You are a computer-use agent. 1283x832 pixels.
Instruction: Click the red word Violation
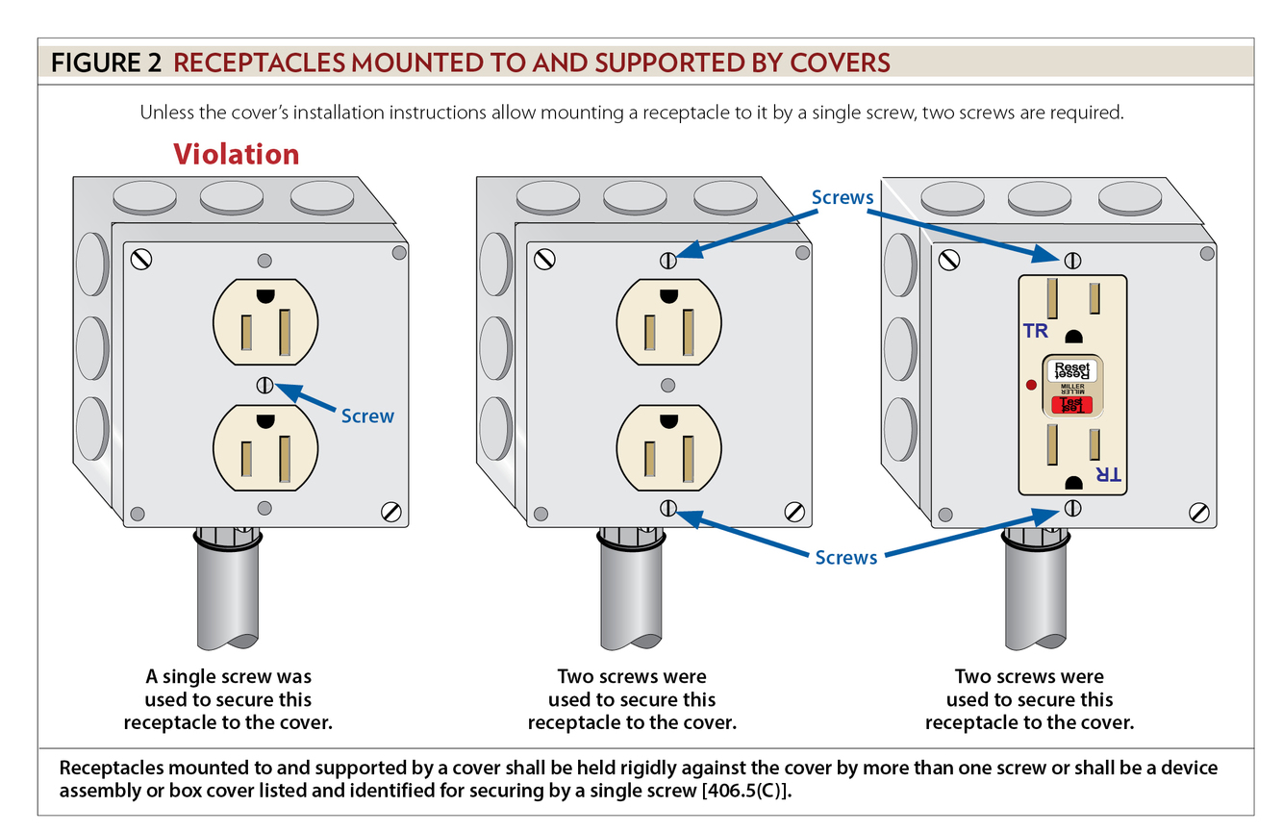tap(236, 155)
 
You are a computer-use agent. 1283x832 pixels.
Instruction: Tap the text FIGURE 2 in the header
tap(106, 63)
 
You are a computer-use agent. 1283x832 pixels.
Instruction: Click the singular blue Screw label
tap(367, 416)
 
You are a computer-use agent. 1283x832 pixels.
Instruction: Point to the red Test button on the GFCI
tap(1071, 406)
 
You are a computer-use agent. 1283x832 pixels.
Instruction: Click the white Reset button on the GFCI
tap(1071, 369)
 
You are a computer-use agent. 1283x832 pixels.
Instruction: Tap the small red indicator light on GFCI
tap(1030, 386)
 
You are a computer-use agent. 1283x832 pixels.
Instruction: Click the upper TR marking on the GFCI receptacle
tap(1035, 331)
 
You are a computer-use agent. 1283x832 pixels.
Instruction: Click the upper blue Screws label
tap(843, 197)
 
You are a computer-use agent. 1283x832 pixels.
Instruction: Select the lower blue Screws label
tap(845, 557)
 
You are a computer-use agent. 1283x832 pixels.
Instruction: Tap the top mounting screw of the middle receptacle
tap(668, 260)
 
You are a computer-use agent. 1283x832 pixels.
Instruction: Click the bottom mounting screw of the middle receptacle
tap(668, 508)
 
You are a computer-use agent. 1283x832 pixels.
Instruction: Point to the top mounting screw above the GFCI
tap(1073, 260)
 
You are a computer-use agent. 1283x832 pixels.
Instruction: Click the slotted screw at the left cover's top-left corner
tap(142, 259)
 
